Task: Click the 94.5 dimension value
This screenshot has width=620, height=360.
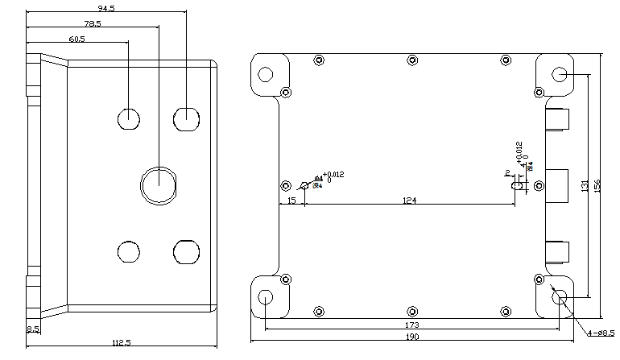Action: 105,8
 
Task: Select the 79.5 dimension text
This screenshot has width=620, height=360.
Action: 92,23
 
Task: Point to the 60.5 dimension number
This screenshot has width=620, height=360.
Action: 76,39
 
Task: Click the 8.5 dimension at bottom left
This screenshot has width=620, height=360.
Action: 33,329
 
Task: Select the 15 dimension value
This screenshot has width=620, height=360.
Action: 291,201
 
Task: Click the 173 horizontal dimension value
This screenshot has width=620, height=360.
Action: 411,324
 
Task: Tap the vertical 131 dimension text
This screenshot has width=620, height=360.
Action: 585,186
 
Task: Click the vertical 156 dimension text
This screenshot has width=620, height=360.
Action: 597,186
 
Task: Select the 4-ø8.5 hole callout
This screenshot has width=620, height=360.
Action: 600,332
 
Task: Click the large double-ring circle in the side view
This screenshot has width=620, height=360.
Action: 158,184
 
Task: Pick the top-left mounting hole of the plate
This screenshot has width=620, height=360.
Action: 265,75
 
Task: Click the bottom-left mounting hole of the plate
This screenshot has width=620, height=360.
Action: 265,297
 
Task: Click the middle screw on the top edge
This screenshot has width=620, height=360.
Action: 412,60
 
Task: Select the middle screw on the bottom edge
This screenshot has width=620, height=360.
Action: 412,311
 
